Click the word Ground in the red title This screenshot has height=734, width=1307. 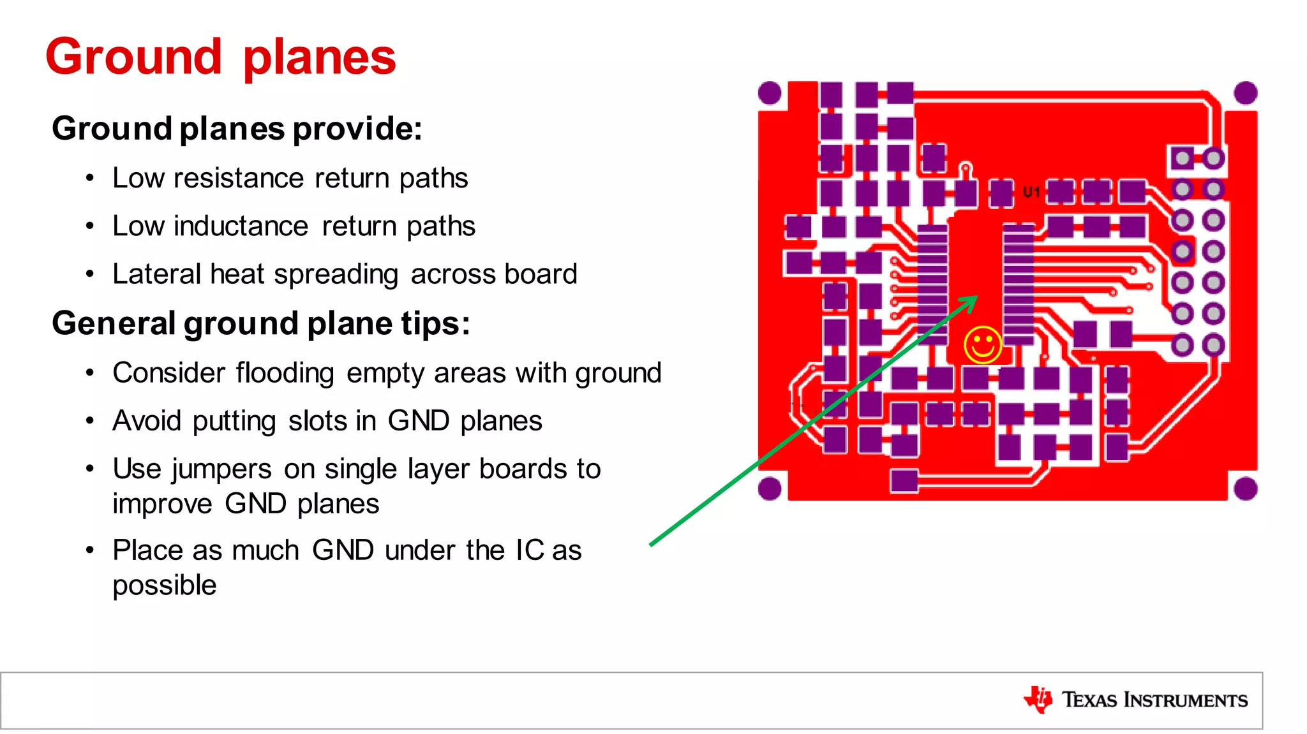pos(133,57)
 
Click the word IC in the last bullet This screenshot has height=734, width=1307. pos(529,550)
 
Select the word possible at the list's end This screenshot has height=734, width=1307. pos(165,585)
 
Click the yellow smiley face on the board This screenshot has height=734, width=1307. pos(982,345)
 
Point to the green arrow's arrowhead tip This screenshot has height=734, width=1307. pos(976,297)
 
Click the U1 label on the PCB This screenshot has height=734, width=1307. pos(1031,192)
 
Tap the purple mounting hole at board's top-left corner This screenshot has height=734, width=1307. pos(770,93)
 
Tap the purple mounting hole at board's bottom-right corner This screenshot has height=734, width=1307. pos(1245,489)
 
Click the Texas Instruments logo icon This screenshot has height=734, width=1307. pos(1038,700)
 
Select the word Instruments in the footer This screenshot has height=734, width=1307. pos(1185,700)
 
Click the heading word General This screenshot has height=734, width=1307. pos(114,323)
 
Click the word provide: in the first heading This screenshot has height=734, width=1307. pos(357,129)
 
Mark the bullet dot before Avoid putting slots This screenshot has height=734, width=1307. pos(90,421)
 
